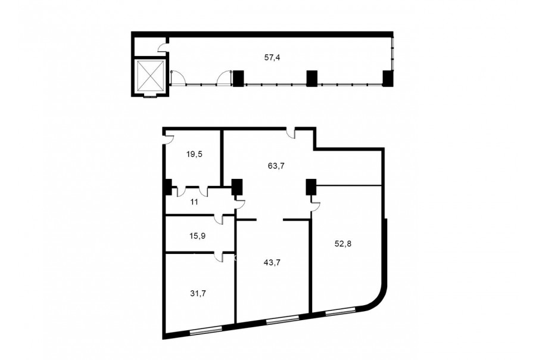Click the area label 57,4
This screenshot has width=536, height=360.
(272, 58)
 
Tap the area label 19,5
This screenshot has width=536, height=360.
(194, 154)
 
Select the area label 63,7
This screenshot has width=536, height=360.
(276, 166)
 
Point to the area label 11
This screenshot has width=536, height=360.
(194, 202)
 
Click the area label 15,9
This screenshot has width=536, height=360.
(197, 236)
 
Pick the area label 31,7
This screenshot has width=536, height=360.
(198, 294)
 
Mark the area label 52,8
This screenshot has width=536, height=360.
(343, 244)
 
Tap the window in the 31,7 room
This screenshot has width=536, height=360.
(206, 330)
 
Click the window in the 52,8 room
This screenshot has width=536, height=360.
(340, 311)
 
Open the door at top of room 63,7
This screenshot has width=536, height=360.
(291, 133)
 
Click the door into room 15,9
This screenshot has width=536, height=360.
(219, 219)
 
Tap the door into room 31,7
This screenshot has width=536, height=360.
(219, 257)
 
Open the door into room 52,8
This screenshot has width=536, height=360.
(315, 206)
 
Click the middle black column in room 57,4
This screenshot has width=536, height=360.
(311, 78)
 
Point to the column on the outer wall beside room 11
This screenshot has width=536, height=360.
(168, 187)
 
